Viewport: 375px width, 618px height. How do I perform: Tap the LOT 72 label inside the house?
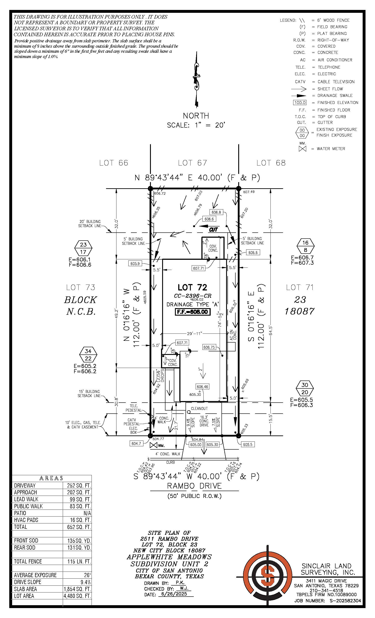[192, 287]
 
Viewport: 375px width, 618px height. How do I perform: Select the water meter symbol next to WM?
[153, 445]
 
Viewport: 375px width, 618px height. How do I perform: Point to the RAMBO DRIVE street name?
[194, 486]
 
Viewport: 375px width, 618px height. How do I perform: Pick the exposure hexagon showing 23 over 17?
[83, 248]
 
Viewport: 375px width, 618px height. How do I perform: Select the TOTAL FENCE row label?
[28, 561]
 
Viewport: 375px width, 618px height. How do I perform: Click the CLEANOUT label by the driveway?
[199, 408]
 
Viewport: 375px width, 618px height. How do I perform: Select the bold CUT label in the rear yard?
[213, 230]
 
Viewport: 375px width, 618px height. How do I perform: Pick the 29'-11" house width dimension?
[194, 333]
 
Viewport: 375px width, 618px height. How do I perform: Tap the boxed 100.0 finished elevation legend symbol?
[300, 103]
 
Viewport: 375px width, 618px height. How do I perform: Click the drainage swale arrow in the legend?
[299, 96]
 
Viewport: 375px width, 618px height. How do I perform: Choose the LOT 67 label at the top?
[192, 163]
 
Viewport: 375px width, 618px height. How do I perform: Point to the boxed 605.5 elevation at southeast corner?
[248, 445]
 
